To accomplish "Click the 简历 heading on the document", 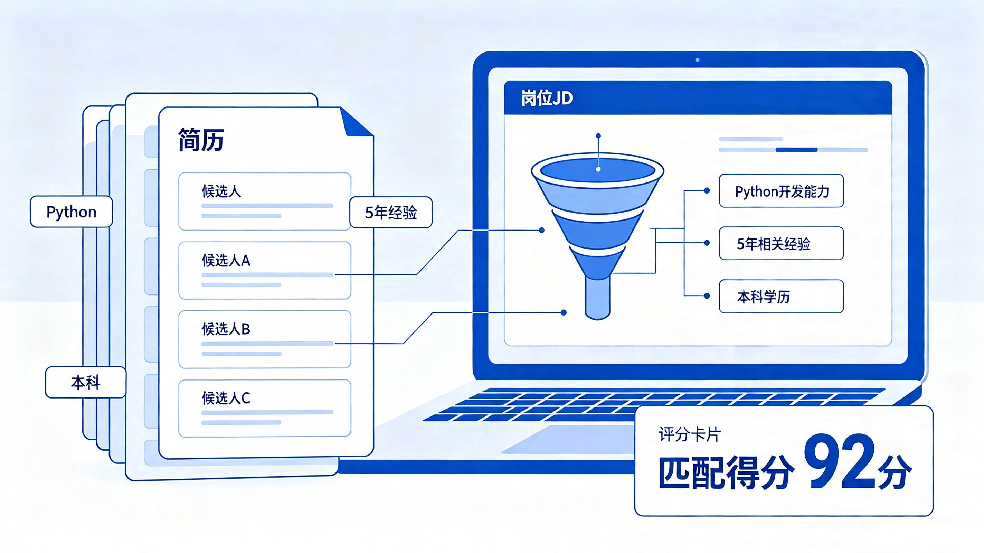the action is point(201,140).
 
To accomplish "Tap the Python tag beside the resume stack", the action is point(72,212).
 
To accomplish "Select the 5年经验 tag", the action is point(391,213).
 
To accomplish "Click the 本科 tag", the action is point(86,382).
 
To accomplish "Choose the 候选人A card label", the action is point(226,260).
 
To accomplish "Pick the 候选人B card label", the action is point(226,329).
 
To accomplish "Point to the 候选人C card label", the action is point(226,398).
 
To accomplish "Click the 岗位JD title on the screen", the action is point(547,98).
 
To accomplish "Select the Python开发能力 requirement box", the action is point(781,191).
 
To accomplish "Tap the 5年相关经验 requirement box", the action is point(781,243).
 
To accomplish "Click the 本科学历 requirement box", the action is point(781,296).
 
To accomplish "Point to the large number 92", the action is point(839,461).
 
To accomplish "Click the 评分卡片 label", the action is point(690,434).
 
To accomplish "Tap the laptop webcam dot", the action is point(698,59).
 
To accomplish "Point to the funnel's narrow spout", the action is point(597,298).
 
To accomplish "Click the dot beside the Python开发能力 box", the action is point(707,190).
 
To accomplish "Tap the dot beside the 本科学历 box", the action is point(707,296).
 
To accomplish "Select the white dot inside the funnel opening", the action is point(598,169).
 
